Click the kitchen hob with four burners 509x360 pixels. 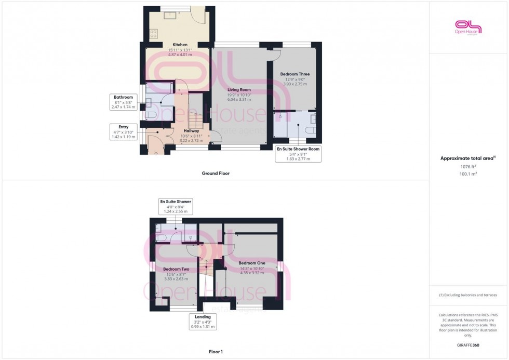click(154, 34)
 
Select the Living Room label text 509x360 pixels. click(239, 90)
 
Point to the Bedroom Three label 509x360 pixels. click(294, 74)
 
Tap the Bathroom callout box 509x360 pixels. click(124, 102)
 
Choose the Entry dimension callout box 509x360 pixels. click(123, 131)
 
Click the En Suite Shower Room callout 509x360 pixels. click(298, 154)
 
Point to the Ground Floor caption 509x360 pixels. click(215, 174)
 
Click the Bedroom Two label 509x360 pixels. click(176, 269)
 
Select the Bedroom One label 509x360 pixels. click(252, 263)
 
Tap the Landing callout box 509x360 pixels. click(203, 322)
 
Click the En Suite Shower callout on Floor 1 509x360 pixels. click(175, 206)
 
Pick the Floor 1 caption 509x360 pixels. click(216, 352)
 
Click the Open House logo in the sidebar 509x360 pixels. click(468, 27)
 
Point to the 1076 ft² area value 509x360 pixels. click(468, 167)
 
